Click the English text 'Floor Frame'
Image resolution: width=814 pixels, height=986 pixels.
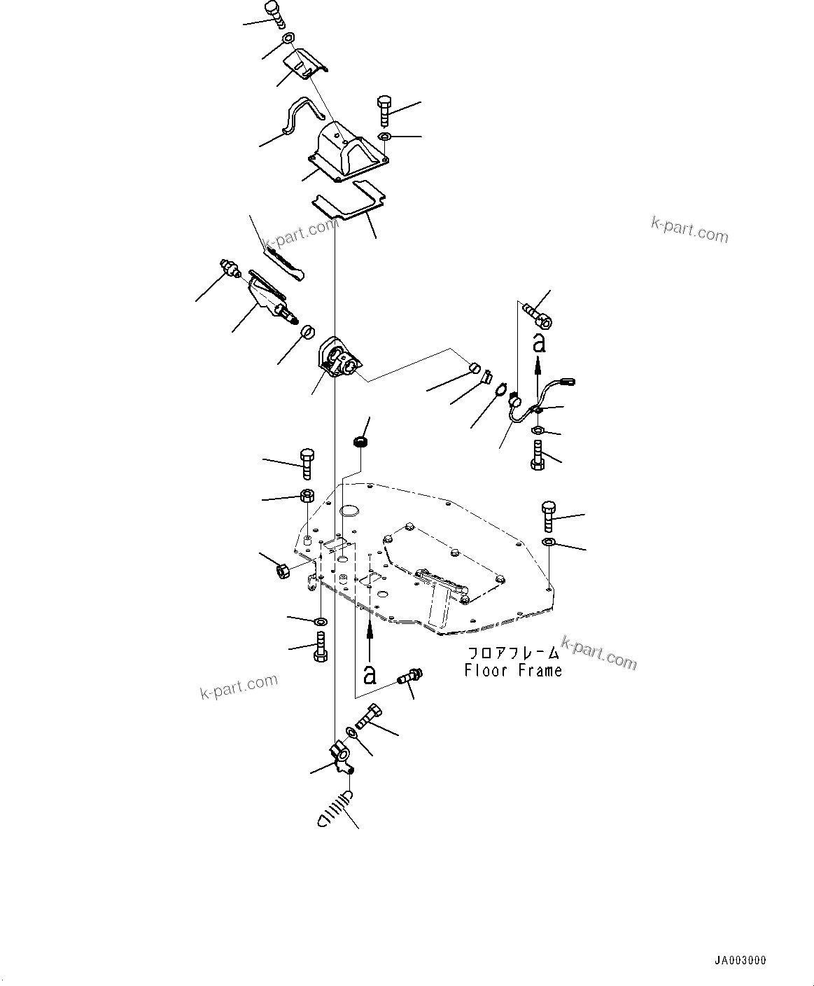tap(513, 671)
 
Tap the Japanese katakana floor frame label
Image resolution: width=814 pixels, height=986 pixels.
tap(513, 653)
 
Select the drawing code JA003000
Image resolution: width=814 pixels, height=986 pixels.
tap(741, 961)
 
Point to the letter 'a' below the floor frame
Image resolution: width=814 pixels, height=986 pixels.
tap(370, 674)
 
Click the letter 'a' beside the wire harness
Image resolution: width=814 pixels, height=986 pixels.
tap(538, 342)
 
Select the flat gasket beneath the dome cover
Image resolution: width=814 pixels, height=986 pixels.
tap(348, 201)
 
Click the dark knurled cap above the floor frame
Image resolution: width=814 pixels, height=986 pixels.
tap(360, 442)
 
